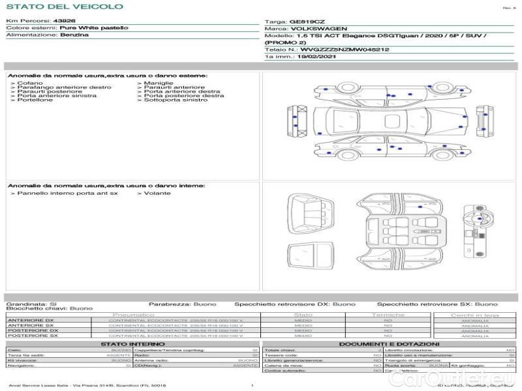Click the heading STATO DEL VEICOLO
(x=65, y=7)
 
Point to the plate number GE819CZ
(x=306, y=22)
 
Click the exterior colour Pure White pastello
(x=94, y=28)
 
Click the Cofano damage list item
(x=30, y=83)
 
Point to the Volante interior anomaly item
(x=157, y=194)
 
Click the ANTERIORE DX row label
(x=31, y=320)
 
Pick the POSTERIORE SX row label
(x=32, y=336)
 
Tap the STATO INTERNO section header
(x=129, y=344)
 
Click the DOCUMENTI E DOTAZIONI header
(x=389, y=344)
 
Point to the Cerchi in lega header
(x=474, y=315)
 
